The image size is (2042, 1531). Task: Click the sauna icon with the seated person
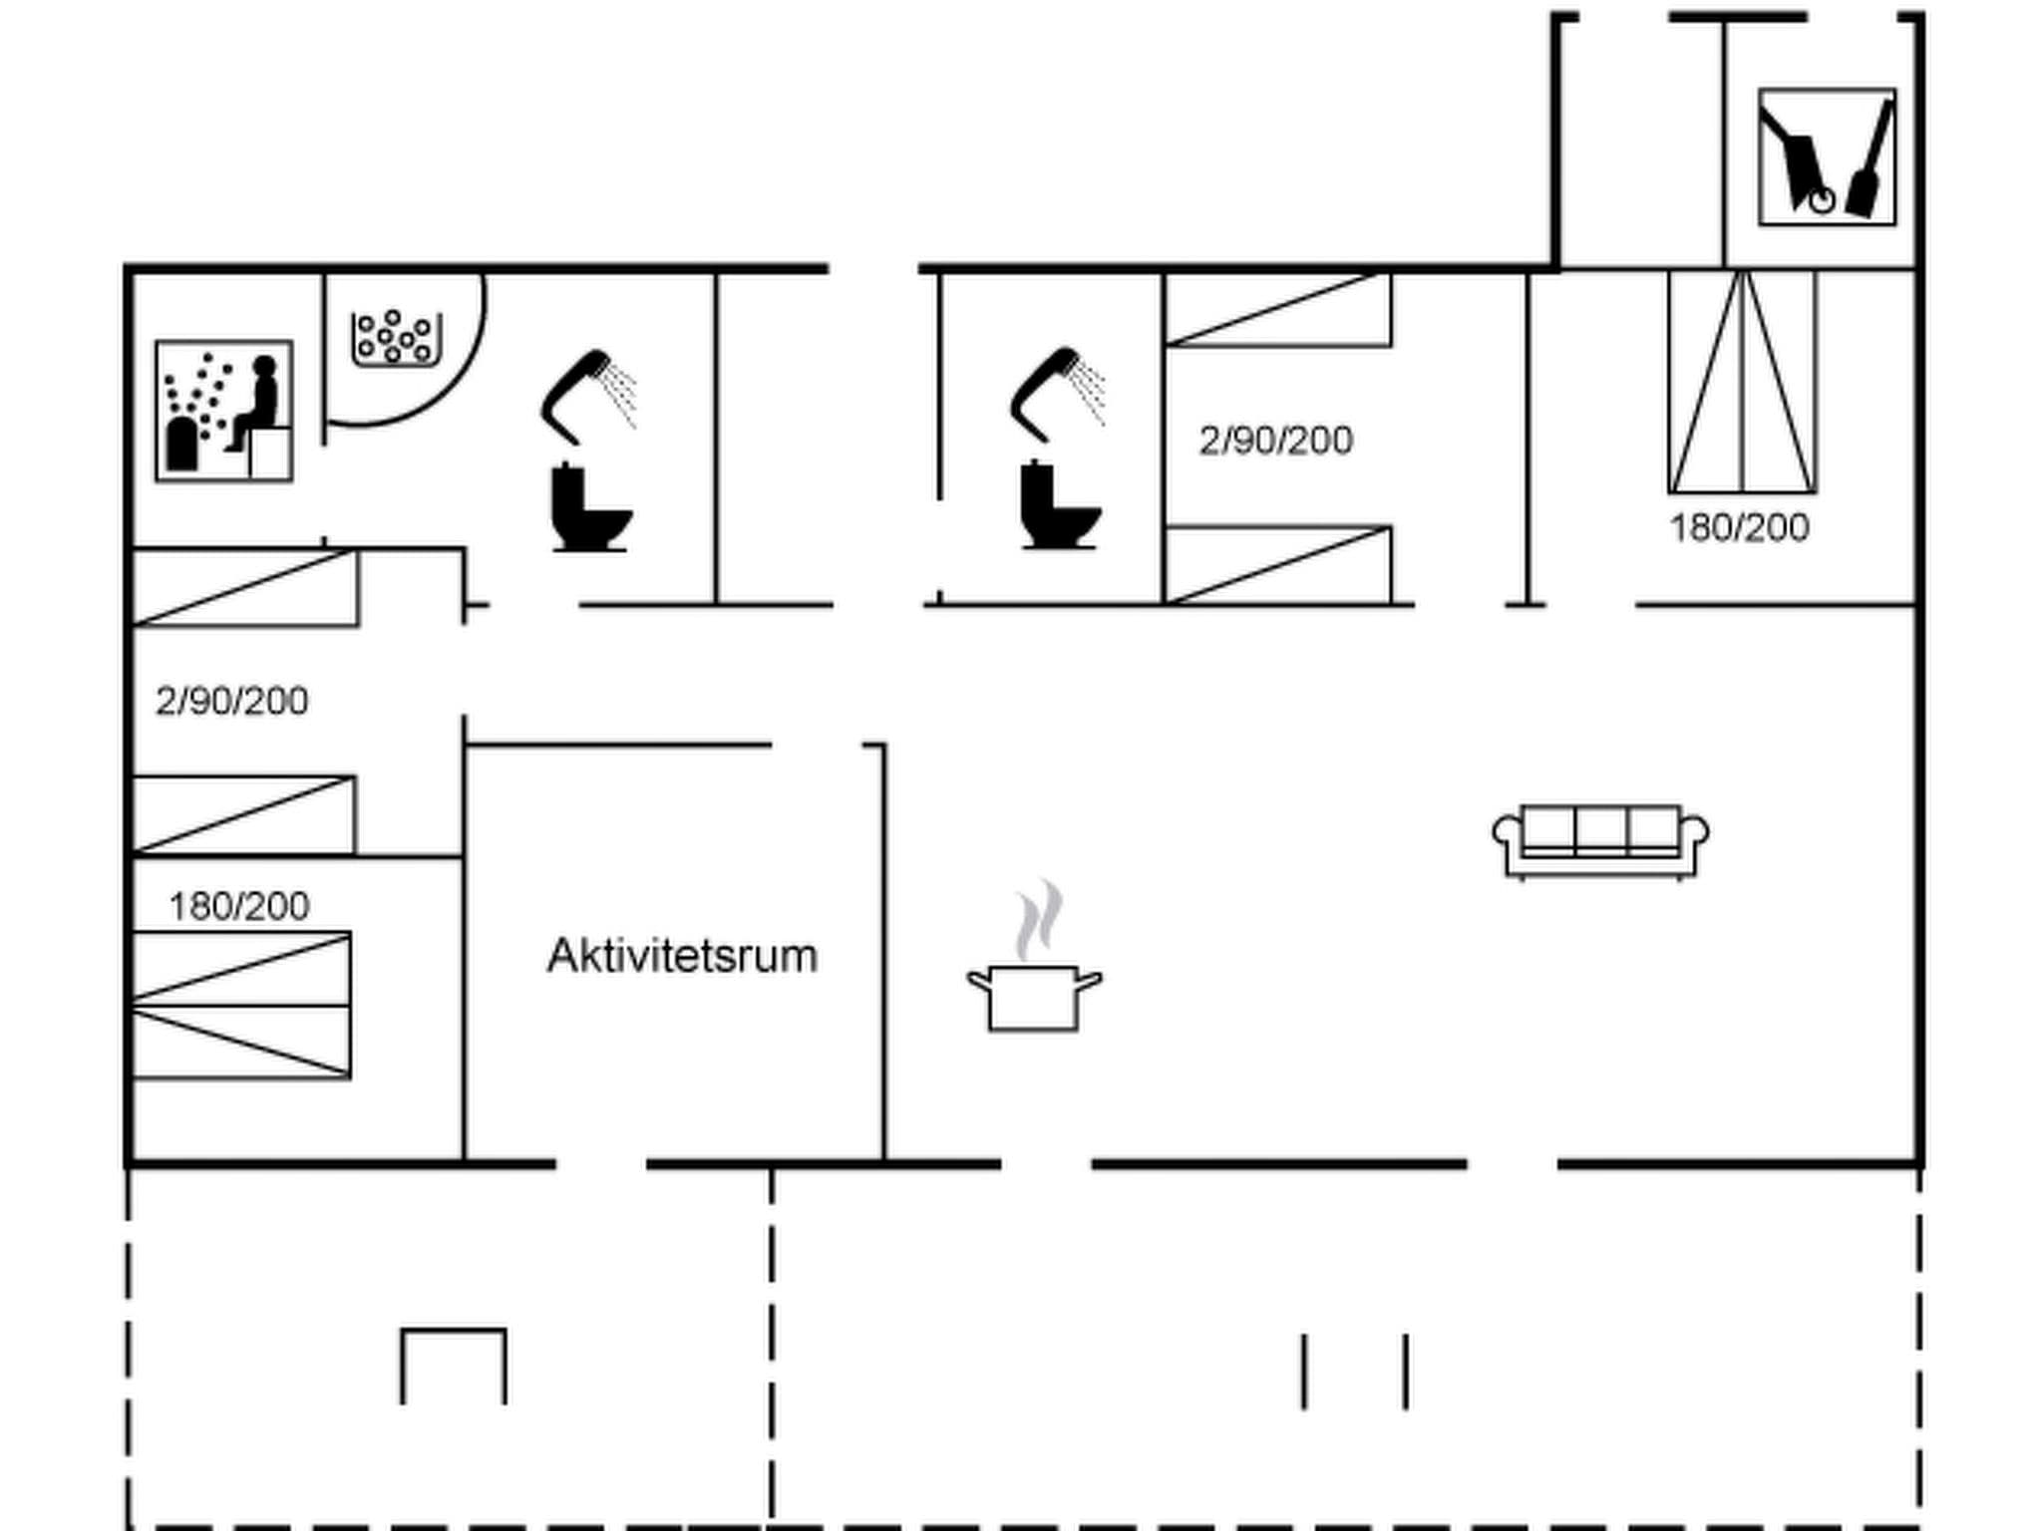[223, 411]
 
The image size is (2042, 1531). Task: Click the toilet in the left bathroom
[589, 508]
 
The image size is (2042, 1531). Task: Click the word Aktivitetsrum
[682, 956]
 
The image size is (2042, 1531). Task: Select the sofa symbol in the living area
[1600, 840]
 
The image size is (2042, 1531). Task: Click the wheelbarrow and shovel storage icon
[1827, 157]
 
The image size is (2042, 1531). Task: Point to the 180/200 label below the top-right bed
[1739, 527]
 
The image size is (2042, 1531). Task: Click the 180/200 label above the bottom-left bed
[239, 906]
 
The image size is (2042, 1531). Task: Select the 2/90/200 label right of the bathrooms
[1275, 440]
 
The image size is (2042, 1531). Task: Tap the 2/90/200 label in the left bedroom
[231, 701]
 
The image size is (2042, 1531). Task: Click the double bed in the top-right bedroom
[1742, 382]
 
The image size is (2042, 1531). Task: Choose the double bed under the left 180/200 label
[240, 1005]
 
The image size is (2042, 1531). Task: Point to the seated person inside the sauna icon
[257, 404]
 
